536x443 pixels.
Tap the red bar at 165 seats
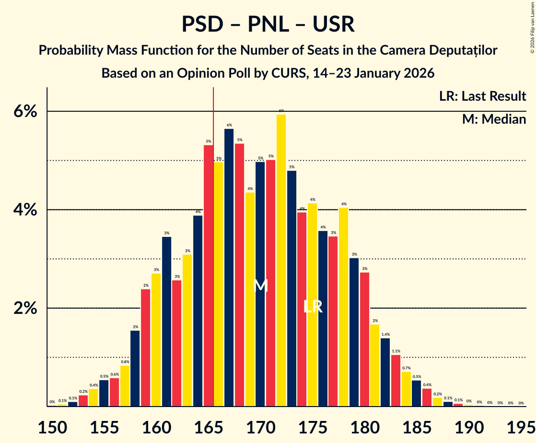tap(209, 276)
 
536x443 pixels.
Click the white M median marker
tap(260, 285)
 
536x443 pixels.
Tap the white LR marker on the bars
tap(313, 307)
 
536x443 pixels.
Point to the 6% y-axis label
tap(25, 111)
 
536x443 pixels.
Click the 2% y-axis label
tap(25, 308)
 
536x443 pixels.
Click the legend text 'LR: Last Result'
tap(483, 96)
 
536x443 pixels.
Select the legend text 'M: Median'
tap(494, 119)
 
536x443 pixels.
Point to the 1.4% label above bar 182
tap(385, 334)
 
